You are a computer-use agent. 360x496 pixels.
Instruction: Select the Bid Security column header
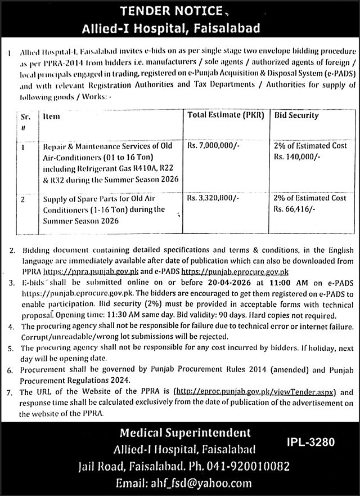click(x=296, y=115)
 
